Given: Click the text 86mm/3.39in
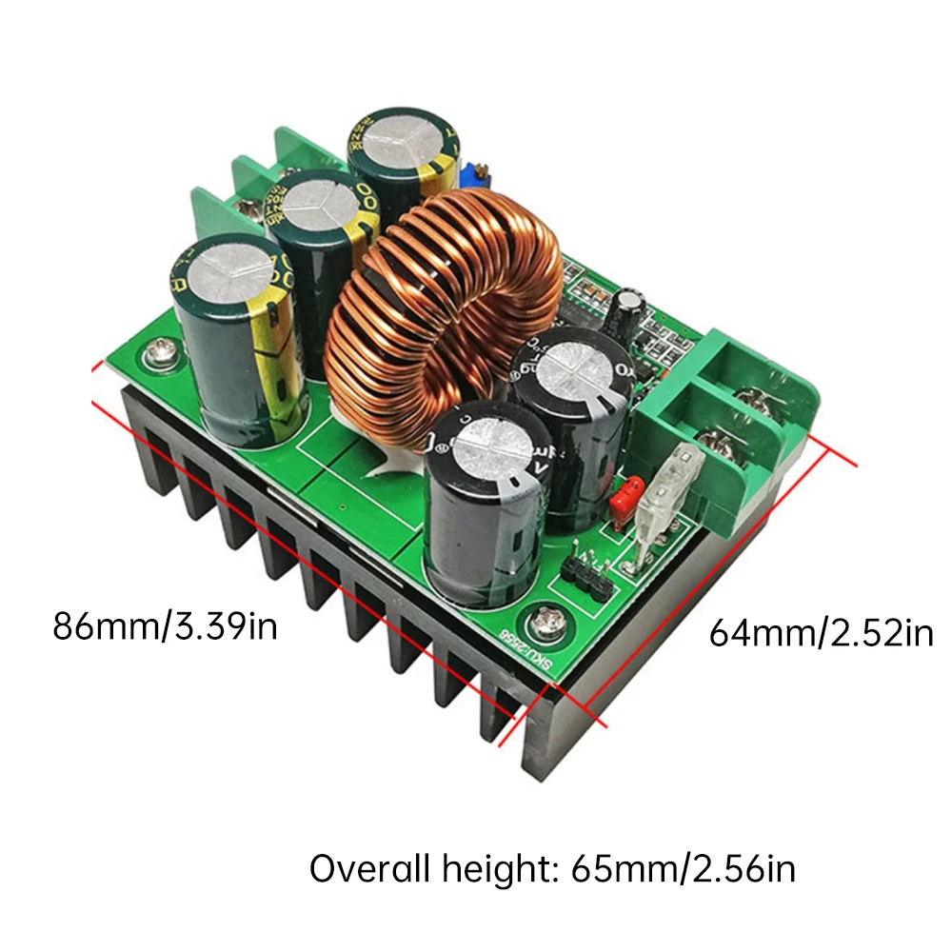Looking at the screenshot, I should click(166, 628).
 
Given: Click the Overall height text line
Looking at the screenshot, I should click(552, 869).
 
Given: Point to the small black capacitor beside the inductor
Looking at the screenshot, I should click(629, 307).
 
